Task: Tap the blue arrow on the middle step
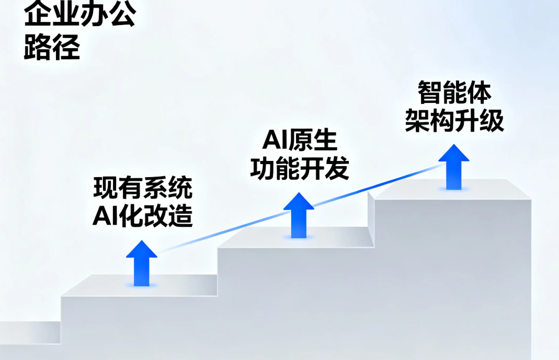pos(299,215)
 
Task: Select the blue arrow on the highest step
pos(453,167)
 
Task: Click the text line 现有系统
pos(143,188)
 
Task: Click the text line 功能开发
pos(300,168)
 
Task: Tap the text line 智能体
pos(454,93)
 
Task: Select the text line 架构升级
pos(454,121)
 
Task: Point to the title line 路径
pos(52,49)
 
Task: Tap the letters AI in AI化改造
pos(104,216)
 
